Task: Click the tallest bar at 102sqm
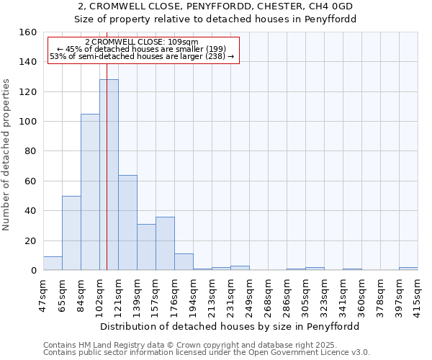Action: click(x=109, y=175)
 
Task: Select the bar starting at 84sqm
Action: click(x=90, y=192)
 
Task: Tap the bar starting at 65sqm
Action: click(x=71, y=233)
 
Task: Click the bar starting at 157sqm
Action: click(x=165, y=243)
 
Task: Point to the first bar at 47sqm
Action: click(x=53, y=264)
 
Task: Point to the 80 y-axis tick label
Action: click(x=31, y=151)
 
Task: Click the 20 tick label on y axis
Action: click(x=31, y=240)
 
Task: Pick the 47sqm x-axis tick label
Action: click(x=43, y=292)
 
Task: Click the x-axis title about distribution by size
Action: click(x=230, y=326)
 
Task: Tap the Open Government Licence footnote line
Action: click(x=207, y=352)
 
